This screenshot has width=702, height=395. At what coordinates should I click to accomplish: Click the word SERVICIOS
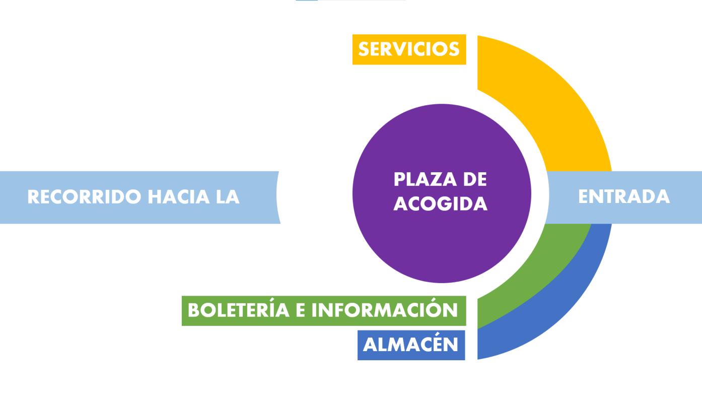point(409,49)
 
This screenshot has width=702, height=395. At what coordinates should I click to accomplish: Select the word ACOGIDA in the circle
point(440,204)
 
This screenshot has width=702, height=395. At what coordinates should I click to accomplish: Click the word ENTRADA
point(624,196)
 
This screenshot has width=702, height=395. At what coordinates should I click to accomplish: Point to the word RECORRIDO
point(84,196)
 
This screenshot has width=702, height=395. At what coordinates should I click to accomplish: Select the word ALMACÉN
point(410,345)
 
